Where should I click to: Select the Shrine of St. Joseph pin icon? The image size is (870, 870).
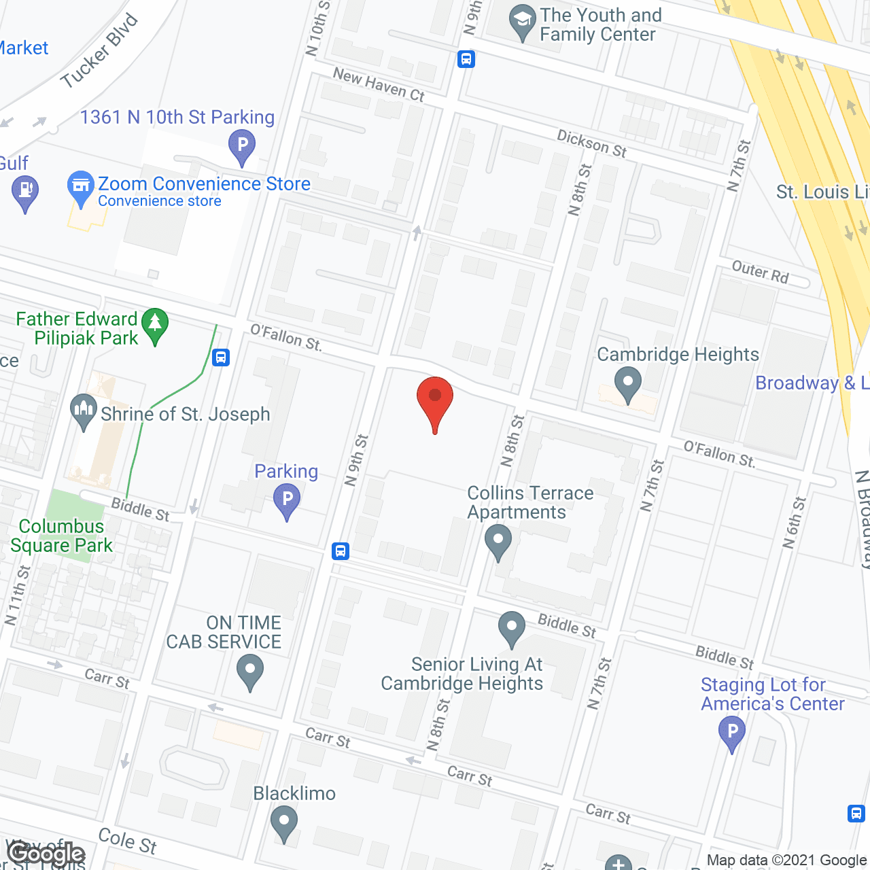pos(84,411)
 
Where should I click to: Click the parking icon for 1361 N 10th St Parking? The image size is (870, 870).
pos(241,145)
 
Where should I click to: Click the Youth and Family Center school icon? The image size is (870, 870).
pos(522,20)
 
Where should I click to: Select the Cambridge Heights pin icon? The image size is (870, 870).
pos(627,383)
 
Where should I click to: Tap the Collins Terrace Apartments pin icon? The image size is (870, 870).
pos(498,541)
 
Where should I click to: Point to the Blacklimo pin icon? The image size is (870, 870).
pos(284,821)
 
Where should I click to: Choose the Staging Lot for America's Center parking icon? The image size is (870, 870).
pos(731,733)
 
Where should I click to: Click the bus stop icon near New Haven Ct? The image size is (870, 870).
pos(466,59)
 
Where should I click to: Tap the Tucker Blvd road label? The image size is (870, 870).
pos(99,51)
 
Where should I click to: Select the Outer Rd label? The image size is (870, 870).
pos(760,272)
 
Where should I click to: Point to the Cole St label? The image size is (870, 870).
pos(127,841)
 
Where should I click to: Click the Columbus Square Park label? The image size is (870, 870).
pos(61,536)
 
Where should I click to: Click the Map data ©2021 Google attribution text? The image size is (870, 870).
pos(786,860)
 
